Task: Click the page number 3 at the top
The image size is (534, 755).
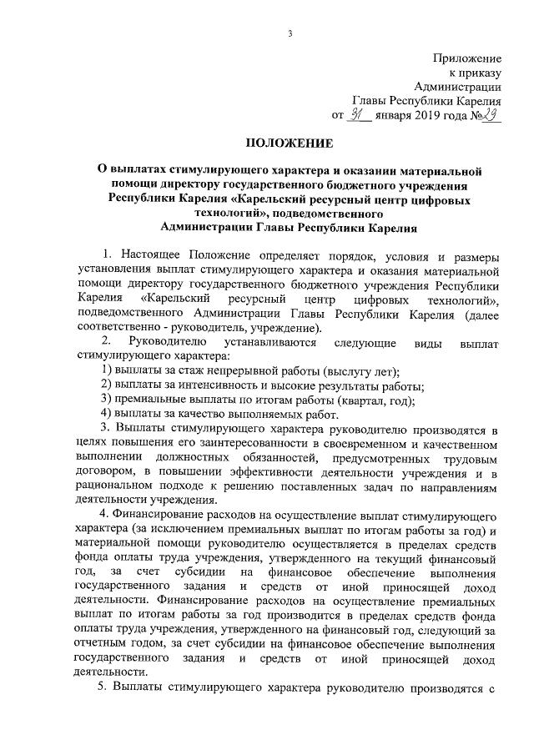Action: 290,33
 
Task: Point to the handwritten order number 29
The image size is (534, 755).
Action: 490,114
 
